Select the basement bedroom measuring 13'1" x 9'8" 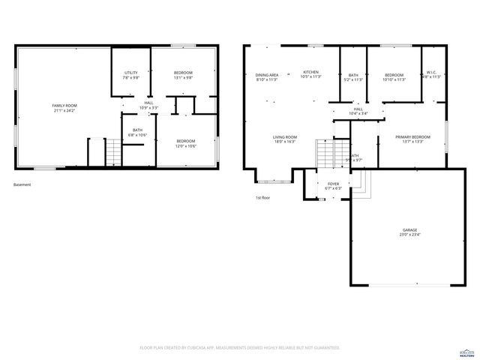[x=183, y=75]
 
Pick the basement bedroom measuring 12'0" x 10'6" [x=186, y=143]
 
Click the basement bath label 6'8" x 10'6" [x=138, y=133]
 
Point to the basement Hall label [x=148, y=105]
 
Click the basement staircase [x=112, y=154]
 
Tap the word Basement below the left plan [x=22, y=184]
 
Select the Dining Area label [x=267, y=76]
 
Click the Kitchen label [x=310, y=74]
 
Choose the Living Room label [x=285, y=139]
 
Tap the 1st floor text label [x=262, y=197]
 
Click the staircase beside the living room [x=324, y=155]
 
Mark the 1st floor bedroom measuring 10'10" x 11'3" [x=394, y=76]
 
